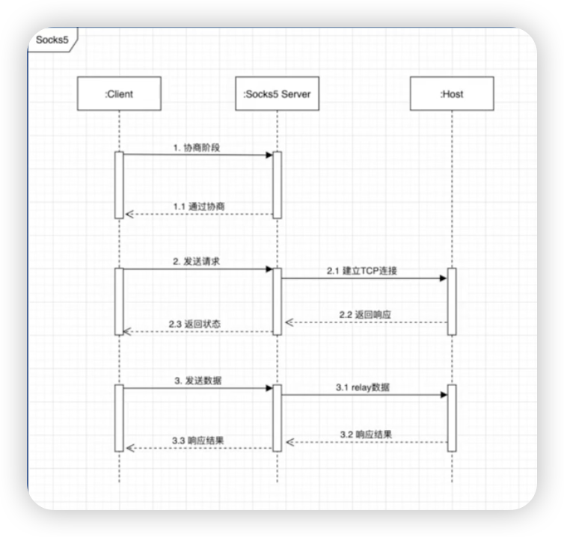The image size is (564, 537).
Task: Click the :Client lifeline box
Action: click(x=119, y=94)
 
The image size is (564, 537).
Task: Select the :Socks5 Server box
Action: click(x=276, y=94)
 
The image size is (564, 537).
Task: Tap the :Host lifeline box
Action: click(x=451, y=94)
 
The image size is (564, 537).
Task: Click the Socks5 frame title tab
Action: click(x=52, y=40)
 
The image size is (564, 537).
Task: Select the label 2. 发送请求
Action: click(x=197, y=262)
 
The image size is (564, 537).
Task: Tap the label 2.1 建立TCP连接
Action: click(x=361, y=270)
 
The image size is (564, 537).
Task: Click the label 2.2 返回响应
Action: click(x=366, y=314)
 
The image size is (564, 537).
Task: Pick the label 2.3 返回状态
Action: click(x=197, y=324)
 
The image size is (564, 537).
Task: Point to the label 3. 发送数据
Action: click(x=197, y=380)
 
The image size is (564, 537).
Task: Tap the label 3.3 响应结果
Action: click(x=197, y=441)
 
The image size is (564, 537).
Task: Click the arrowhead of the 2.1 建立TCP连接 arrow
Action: click(x=443, y=277)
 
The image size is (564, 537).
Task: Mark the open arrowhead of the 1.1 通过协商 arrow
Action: click(x=129, y=215)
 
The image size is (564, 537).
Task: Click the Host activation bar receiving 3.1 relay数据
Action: click(x=451, y=418)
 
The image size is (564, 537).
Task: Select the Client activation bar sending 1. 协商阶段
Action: click(x=119, y=185)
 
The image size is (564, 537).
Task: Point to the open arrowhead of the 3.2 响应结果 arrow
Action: click(x=289, y=442)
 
